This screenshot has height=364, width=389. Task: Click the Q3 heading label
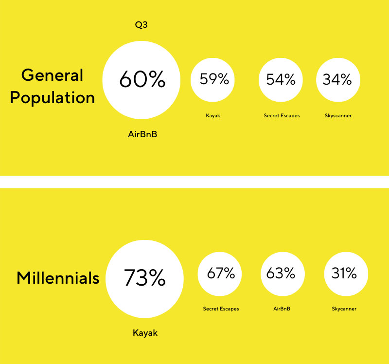(x=141, y=25)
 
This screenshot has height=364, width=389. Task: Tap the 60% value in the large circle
(x=142, y=79)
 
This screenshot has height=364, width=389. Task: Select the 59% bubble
(x=212, y=80)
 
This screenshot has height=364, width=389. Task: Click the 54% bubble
(x=281, y=80)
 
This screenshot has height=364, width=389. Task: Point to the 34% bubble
(x=338, y=80)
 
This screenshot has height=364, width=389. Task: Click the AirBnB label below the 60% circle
(x=142, y=134)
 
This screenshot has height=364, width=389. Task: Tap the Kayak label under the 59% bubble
(x=213, y=116)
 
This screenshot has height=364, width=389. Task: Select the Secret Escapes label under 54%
(x=282, y=116)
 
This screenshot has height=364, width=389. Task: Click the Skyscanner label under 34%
(x=338, y=116)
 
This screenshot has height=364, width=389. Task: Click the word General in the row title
(x=52, y=75)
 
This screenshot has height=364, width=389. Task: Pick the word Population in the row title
(x=53, y=98)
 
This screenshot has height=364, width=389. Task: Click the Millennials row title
(x=58, y=277)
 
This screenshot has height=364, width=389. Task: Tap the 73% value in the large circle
(x=144, y=277)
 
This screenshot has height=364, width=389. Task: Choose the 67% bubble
(x=220, y=274)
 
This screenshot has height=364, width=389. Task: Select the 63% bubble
(x=283, y=274)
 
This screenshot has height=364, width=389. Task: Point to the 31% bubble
(x=346, y=274)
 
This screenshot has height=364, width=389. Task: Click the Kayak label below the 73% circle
(x=145, y=333)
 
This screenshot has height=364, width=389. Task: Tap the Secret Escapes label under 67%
(x=221, y=309)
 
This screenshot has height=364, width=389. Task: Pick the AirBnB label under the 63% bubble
(x=282, y=309)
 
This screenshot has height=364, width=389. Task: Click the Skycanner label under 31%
(x=344, y=309)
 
